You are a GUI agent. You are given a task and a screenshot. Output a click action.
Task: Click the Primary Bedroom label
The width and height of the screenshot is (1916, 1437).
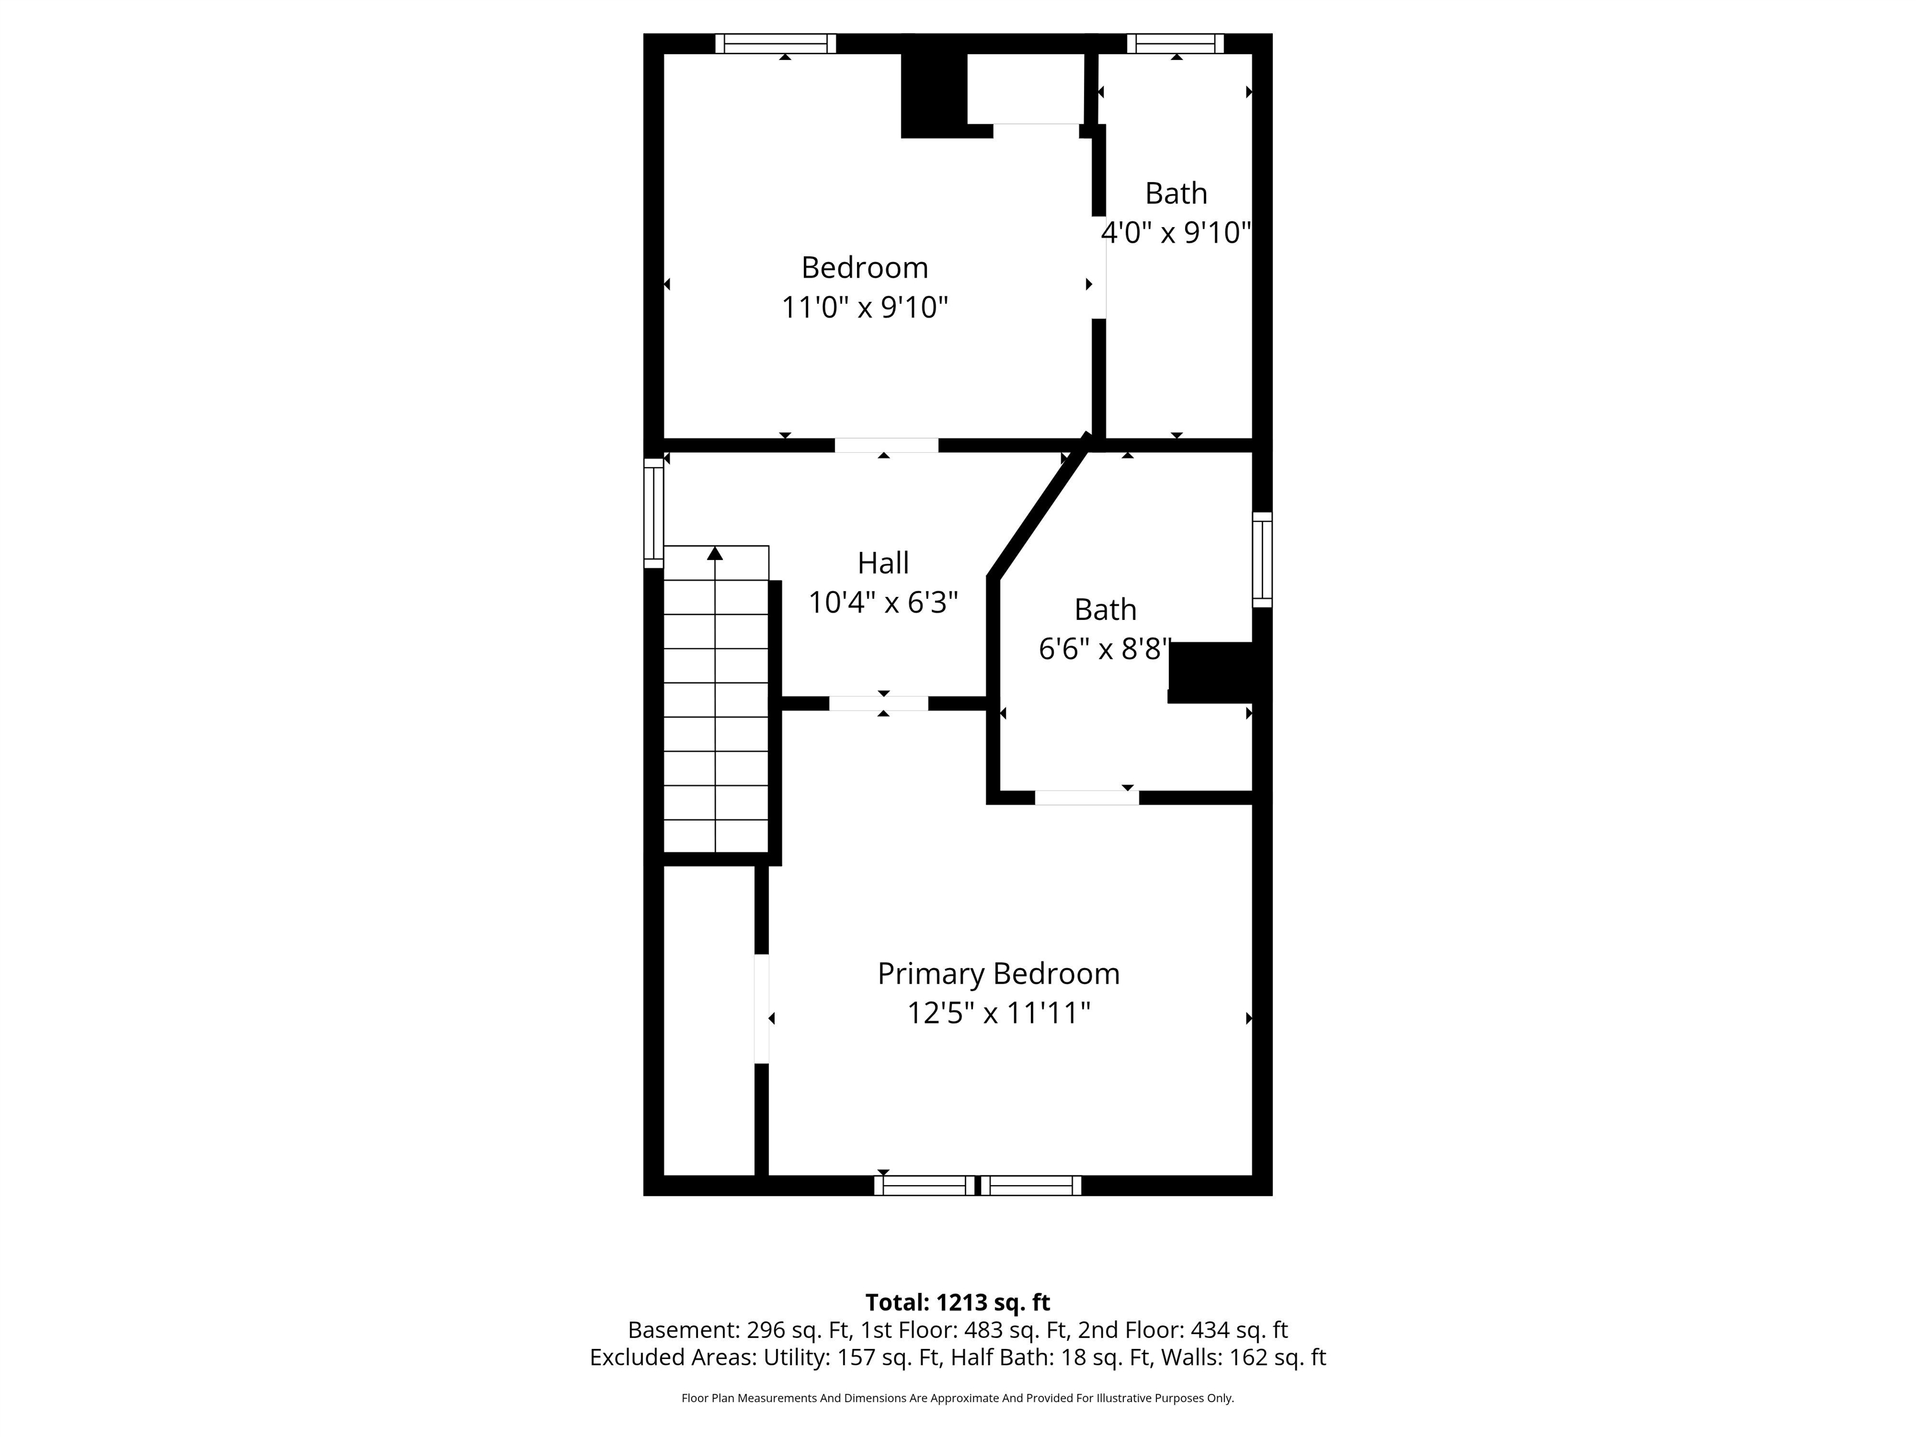998,974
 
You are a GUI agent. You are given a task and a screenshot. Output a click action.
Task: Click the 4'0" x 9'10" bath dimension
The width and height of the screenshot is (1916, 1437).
1176,232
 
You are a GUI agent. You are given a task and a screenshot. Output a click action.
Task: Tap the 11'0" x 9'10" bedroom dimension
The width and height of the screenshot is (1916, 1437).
864,307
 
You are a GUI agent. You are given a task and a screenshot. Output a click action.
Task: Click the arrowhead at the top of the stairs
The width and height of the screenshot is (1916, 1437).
715,553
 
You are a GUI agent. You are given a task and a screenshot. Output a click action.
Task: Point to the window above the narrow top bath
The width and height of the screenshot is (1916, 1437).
1176,43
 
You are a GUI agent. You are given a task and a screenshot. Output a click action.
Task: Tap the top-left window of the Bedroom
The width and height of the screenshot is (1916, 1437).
775,43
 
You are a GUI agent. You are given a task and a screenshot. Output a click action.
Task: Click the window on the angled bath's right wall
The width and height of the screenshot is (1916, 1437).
1262,559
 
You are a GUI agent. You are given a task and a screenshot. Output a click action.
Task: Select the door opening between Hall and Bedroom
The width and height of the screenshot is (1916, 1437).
886,445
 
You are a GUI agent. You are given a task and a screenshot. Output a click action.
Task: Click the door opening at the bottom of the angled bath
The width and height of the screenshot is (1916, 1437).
1086,798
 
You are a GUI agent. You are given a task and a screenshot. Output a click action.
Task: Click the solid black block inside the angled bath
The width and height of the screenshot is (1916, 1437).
1210,672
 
